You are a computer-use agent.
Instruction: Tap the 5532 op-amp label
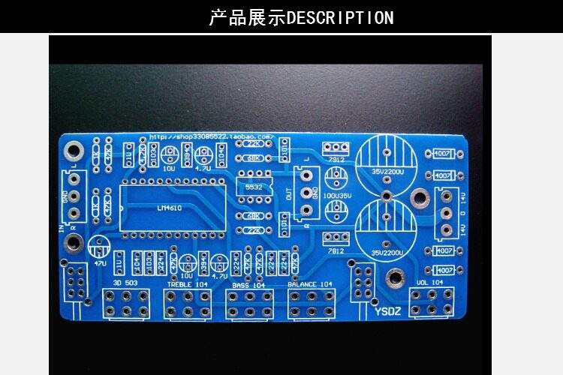click(253, 187)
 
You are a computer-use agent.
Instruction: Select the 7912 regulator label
click(336, 160)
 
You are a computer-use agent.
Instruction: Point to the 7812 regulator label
click(336, 250)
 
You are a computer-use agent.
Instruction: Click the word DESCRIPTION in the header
click(340, 17)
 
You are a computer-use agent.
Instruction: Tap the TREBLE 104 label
click(188, 285)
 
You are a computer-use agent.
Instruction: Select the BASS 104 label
click(248, 285)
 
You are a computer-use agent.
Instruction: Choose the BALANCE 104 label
click(309, 285)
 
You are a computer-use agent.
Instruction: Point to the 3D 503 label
click(125, 284)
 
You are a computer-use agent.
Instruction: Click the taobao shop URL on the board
click(211, 137)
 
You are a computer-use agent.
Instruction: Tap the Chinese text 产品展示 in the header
click(247, 17)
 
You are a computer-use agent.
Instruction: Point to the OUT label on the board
click(290, 192)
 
